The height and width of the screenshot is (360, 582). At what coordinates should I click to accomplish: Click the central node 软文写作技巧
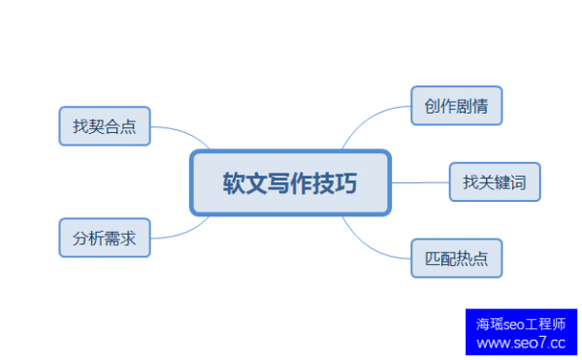coord(290,182)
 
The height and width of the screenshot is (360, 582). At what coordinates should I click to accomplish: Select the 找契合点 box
coord(104,126)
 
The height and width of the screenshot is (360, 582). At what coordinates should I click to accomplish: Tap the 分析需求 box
coord(104,237)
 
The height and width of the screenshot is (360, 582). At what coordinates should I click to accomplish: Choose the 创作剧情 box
coord(456,106)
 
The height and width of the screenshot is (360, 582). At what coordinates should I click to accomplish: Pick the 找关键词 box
coord(494,181)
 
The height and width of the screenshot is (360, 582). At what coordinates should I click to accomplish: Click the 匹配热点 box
coord(456,258)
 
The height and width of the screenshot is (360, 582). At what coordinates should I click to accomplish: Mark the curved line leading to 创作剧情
coord(373,121)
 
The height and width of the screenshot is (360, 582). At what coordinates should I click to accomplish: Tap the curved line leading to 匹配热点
coord(373,243)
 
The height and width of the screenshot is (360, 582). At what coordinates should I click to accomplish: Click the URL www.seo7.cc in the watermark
coord(521,343)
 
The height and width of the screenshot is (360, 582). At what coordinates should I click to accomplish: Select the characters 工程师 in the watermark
coord(547,324)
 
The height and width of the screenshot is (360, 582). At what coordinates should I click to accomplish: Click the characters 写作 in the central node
coord(290,182)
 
